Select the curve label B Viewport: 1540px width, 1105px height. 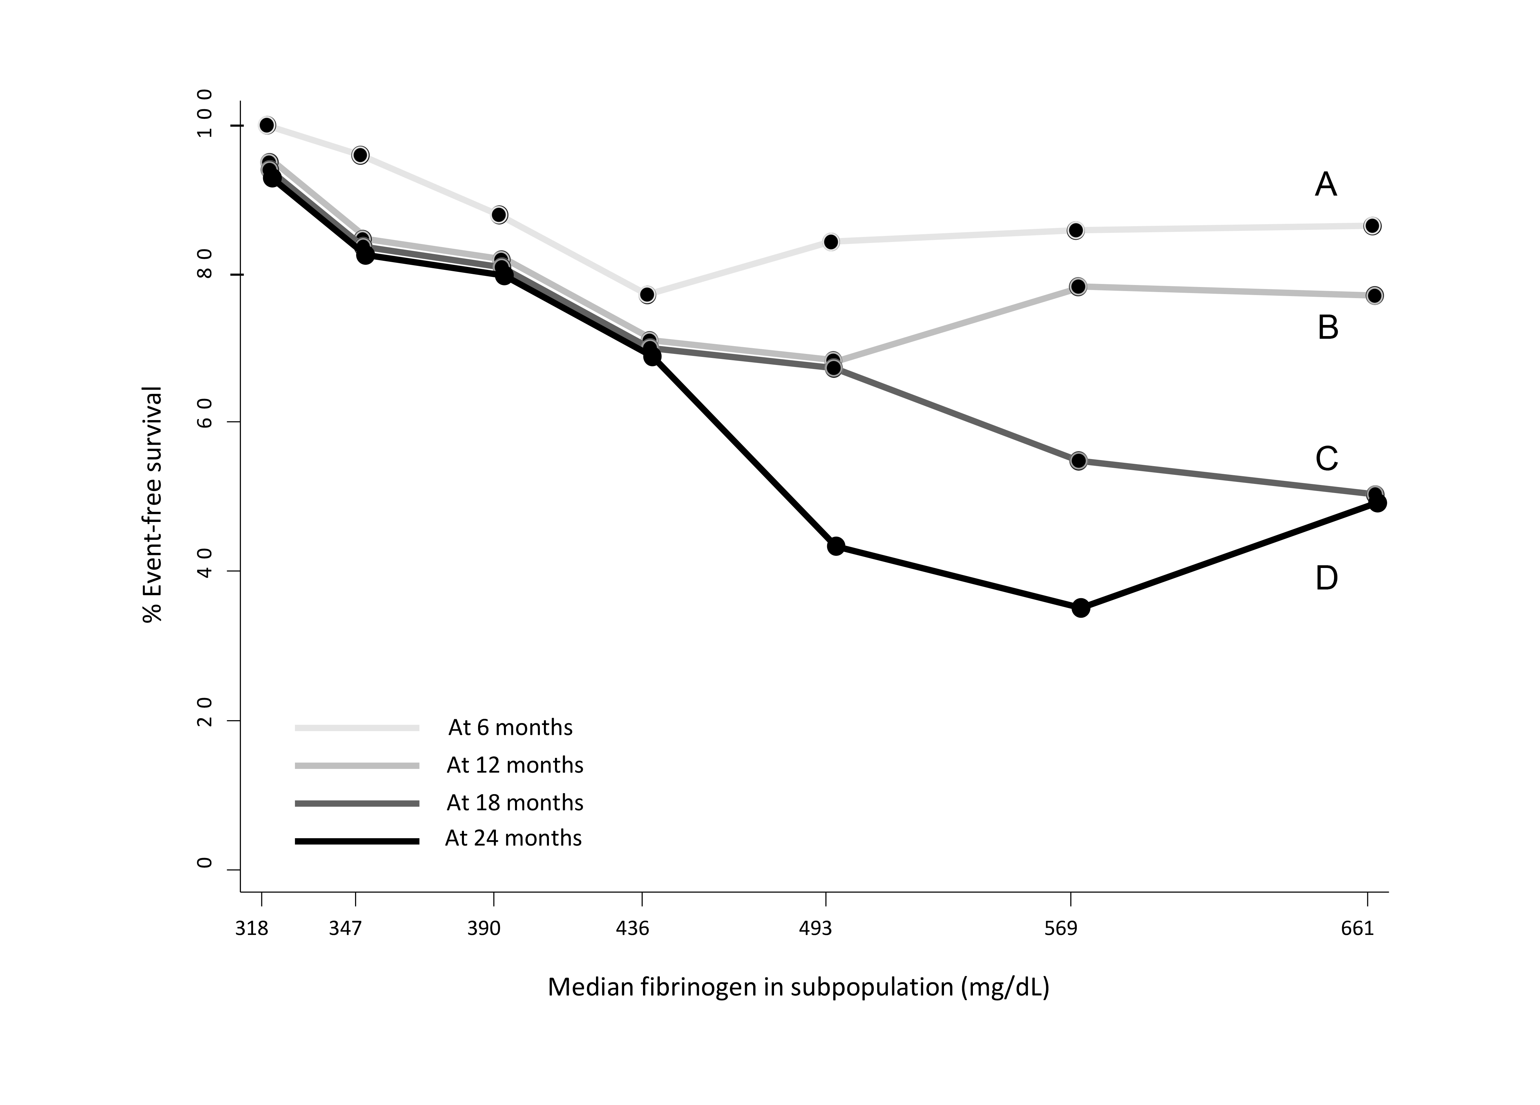click(1327, 328)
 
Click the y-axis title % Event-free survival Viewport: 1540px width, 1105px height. click(153, 505)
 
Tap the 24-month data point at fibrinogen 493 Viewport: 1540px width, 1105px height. click(836, 546)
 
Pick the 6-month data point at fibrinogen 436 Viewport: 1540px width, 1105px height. click(647, 295)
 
